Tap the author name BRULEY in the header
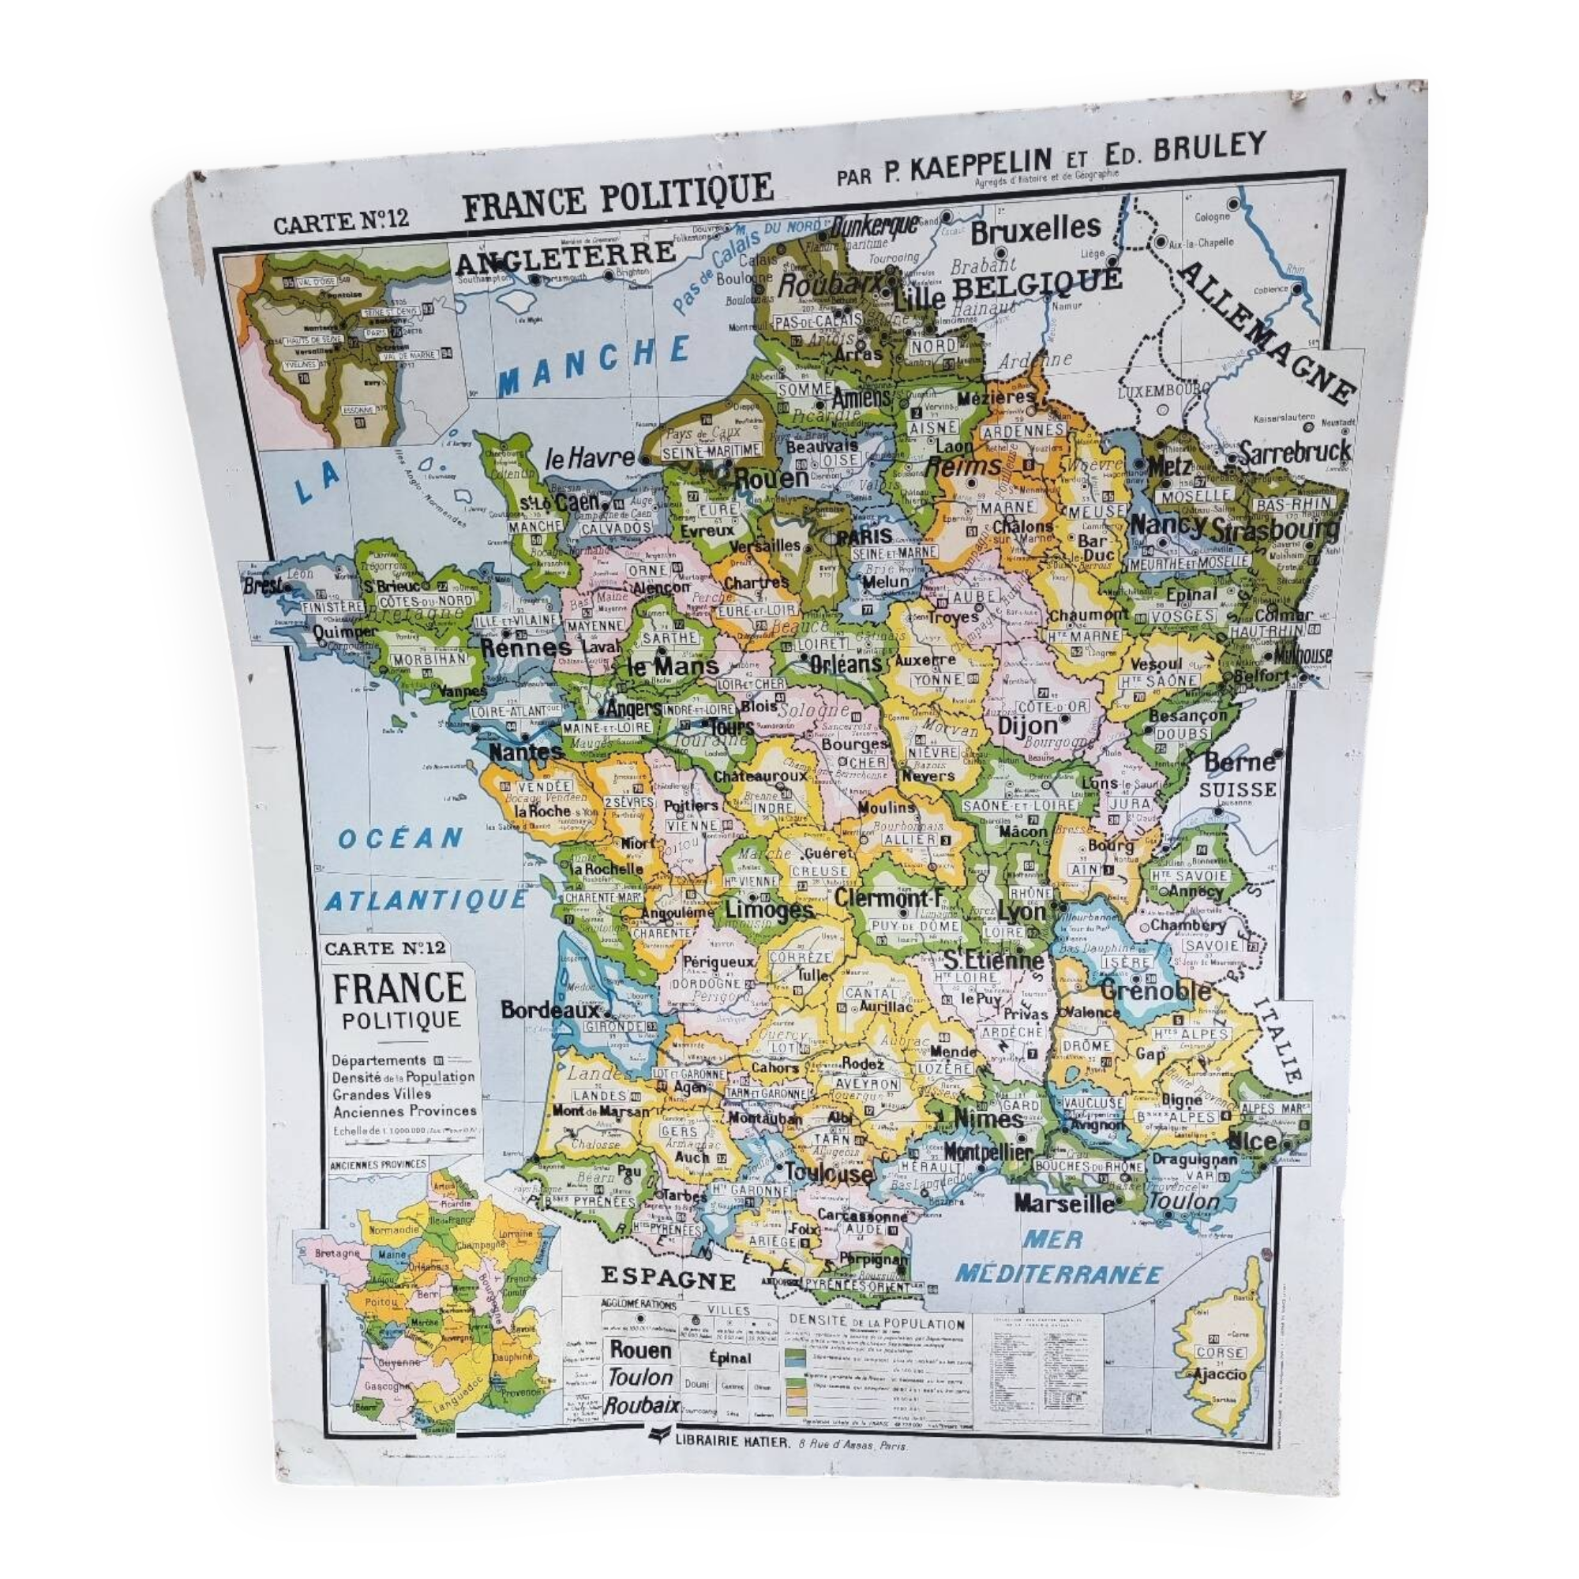[x=1200, y=148]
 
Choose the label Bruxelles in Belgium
[x=1036, y=230]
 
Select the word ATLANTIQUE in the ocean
[x=426, y=899]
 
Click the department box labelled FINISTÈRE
[x=332, y=607]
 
